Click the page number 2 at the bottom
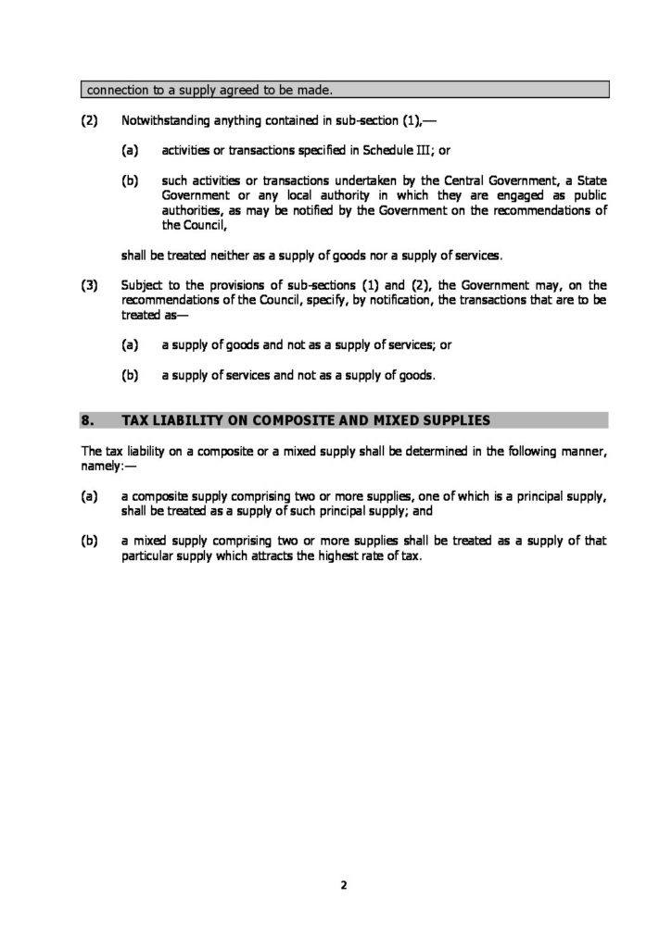[x=343, y=885]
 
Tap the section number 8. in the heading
[x=88, y=420]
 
